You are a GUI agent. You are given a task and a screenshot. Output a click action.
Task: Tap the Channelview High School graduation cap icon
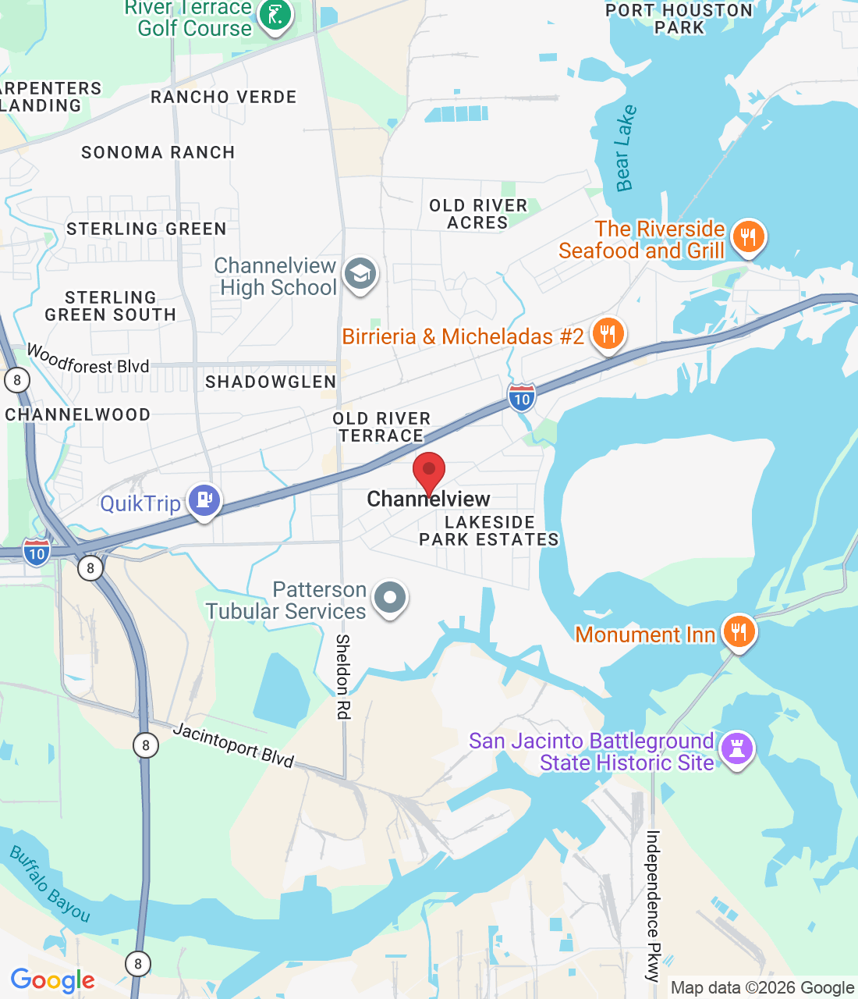pos(360,274)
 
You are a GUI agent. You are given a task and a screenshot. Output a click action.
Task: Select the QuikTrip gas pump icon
pos(204,500)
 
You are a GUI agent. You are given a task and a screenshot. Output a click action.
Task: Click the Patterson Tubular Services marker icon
pos(390,598)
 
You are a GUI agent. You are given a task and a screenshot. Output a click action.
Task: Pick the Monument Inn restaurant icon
pos(738,631)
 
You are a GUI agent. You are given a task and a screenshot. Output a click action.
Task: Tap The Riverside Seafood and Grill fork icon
pos(749,236)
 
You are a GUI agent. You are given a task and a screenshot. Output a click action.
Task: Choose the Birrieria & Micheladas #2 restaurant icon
pos(608,334)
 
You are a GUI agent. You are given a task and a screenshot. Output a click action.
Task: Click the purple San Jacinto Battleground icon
pos(737,748)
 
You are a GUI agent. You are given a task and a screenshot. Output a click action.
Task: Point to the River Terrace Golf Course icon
pos(275,14)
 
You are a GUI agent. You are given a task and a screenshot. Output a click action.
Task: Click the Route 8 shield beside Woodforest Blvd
pos(16,380)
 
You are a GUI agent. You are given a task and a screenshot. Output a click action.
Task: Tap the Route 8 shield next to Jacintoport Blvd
pos(146,745)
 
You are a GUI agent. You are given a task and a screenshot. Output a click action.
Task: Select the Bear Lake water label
pos(626,148)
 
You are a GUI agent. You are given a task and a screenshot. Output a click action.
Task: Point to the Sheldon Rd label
pos(342,676)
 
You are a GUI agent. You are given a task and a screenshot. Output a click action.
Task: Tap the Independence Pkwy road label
pos(653,905)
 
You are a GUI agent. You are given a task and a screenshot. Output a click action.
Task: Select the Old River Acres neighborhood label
pos(478,214)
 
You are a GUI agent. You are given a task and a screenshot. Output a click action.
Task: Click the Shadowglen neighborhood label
pos(271,382)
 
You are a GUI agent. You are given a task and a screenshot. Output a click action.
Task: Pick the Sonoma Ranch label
pos(158,152)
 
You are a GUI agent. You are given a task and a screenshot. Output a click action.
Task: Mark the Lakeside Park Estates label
pos(489,531)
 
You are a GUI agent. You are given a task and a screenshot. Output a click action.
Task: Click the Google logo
pos(53,980)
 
